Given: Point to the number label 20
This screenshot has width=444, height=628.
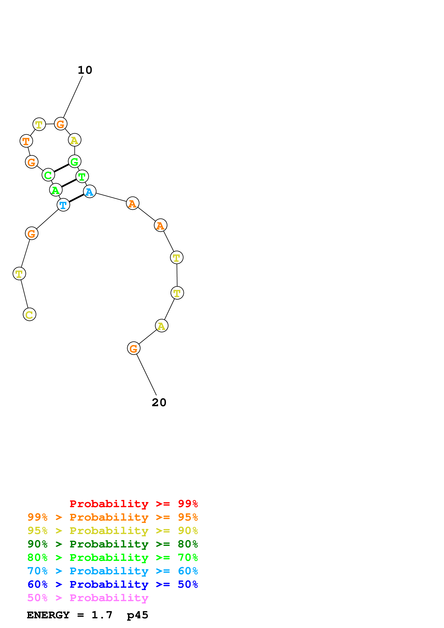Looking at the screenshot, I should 159,402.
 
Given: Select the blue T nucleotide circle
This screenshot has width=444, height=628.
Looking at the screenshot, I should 63,205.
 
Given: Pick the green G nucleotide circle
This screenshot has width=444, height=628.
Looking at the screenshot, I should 74,161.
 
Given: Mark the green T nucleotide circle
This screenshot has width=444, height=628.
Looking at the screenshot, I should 82,176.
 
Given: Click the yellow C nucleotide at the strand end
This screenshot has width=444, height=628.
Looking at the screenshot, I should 29,314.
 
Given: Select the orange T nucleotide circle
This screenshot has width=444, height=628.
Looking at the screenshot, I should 26,141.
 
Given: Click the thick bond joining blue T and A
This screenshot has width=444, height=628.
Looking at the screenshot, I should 76,198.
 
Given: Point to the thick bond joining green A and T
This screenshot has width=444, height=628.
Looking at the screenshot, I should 69,183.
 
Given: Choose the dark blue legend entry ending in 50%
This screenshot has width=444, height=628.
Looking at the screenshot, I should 112,584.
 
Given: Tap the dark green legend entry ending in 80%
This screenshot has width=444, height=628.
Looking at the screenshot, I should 112,544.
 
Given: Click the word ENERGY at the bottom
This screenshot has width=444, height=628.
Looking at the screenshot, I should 48,615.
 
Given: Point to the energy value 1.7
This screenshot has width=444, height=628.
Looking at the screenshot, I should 102,615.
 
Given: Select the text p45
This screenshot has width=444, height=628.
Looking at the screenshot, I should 137,615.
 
